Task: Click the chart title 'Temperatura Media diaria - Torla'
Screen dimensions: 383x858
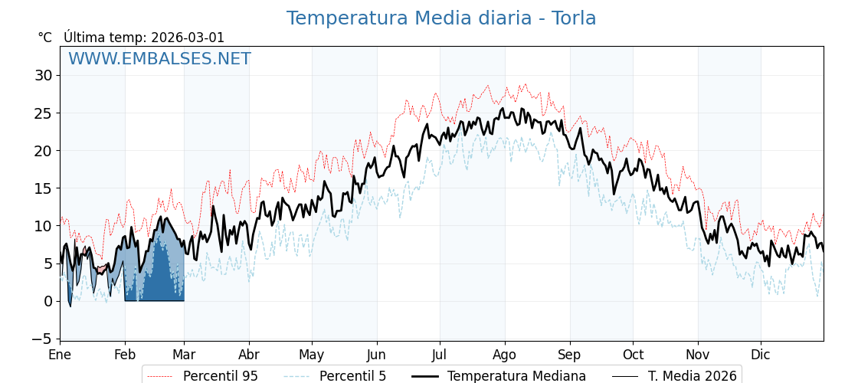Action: pyautogui.click(x=440, y=18)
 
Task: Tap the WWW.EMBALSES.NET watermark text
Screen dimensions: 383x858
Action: pyautogui.click(x=159, y=59)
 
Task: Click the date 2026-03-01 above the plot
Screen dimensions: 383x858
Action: pyautogui.click(x=188, y=38)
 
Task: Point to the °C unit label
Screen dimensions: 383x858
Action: pyautogui.click(x=45, y=38)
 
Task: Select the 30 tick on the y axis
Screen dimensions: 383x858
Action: pyautogui.click(x=43, y=75)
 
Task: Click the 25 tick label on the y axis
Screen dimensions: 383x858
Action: pyautogui.click(x=43, y=113)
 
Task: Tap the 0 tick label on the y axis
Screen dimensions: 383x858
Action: pyautogui.click(x=47, y=301)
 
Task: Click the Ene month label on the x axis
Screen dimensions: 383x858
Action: pyautogui.click(x=60, y=355)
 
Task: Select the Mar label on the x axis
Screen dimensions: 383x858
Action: pyautogui.click(x=184, y=355)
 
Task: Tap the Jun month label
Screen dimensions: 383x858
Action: pyautogui.click(x=376, y=355)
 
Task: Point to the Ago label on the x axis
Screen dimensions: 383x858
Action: pyautogui.click(x=505, y=355)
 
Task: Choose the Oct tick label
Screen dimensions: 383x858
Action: pyautogui.click(x=633, y=355)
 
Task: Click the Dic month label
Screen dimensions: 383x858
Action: pyautogui.click(x=761, y=355)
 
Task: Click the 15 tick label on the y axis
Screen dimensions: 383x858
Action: pyautogui.click(x=43, y=188)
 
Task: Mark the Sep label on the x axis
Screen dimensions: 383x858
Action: pyautogui.click(x=569, y=355)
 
